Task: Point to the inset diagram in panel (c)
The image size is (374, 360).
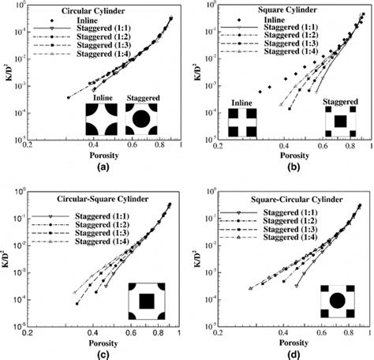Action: [x=146, y=301]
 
